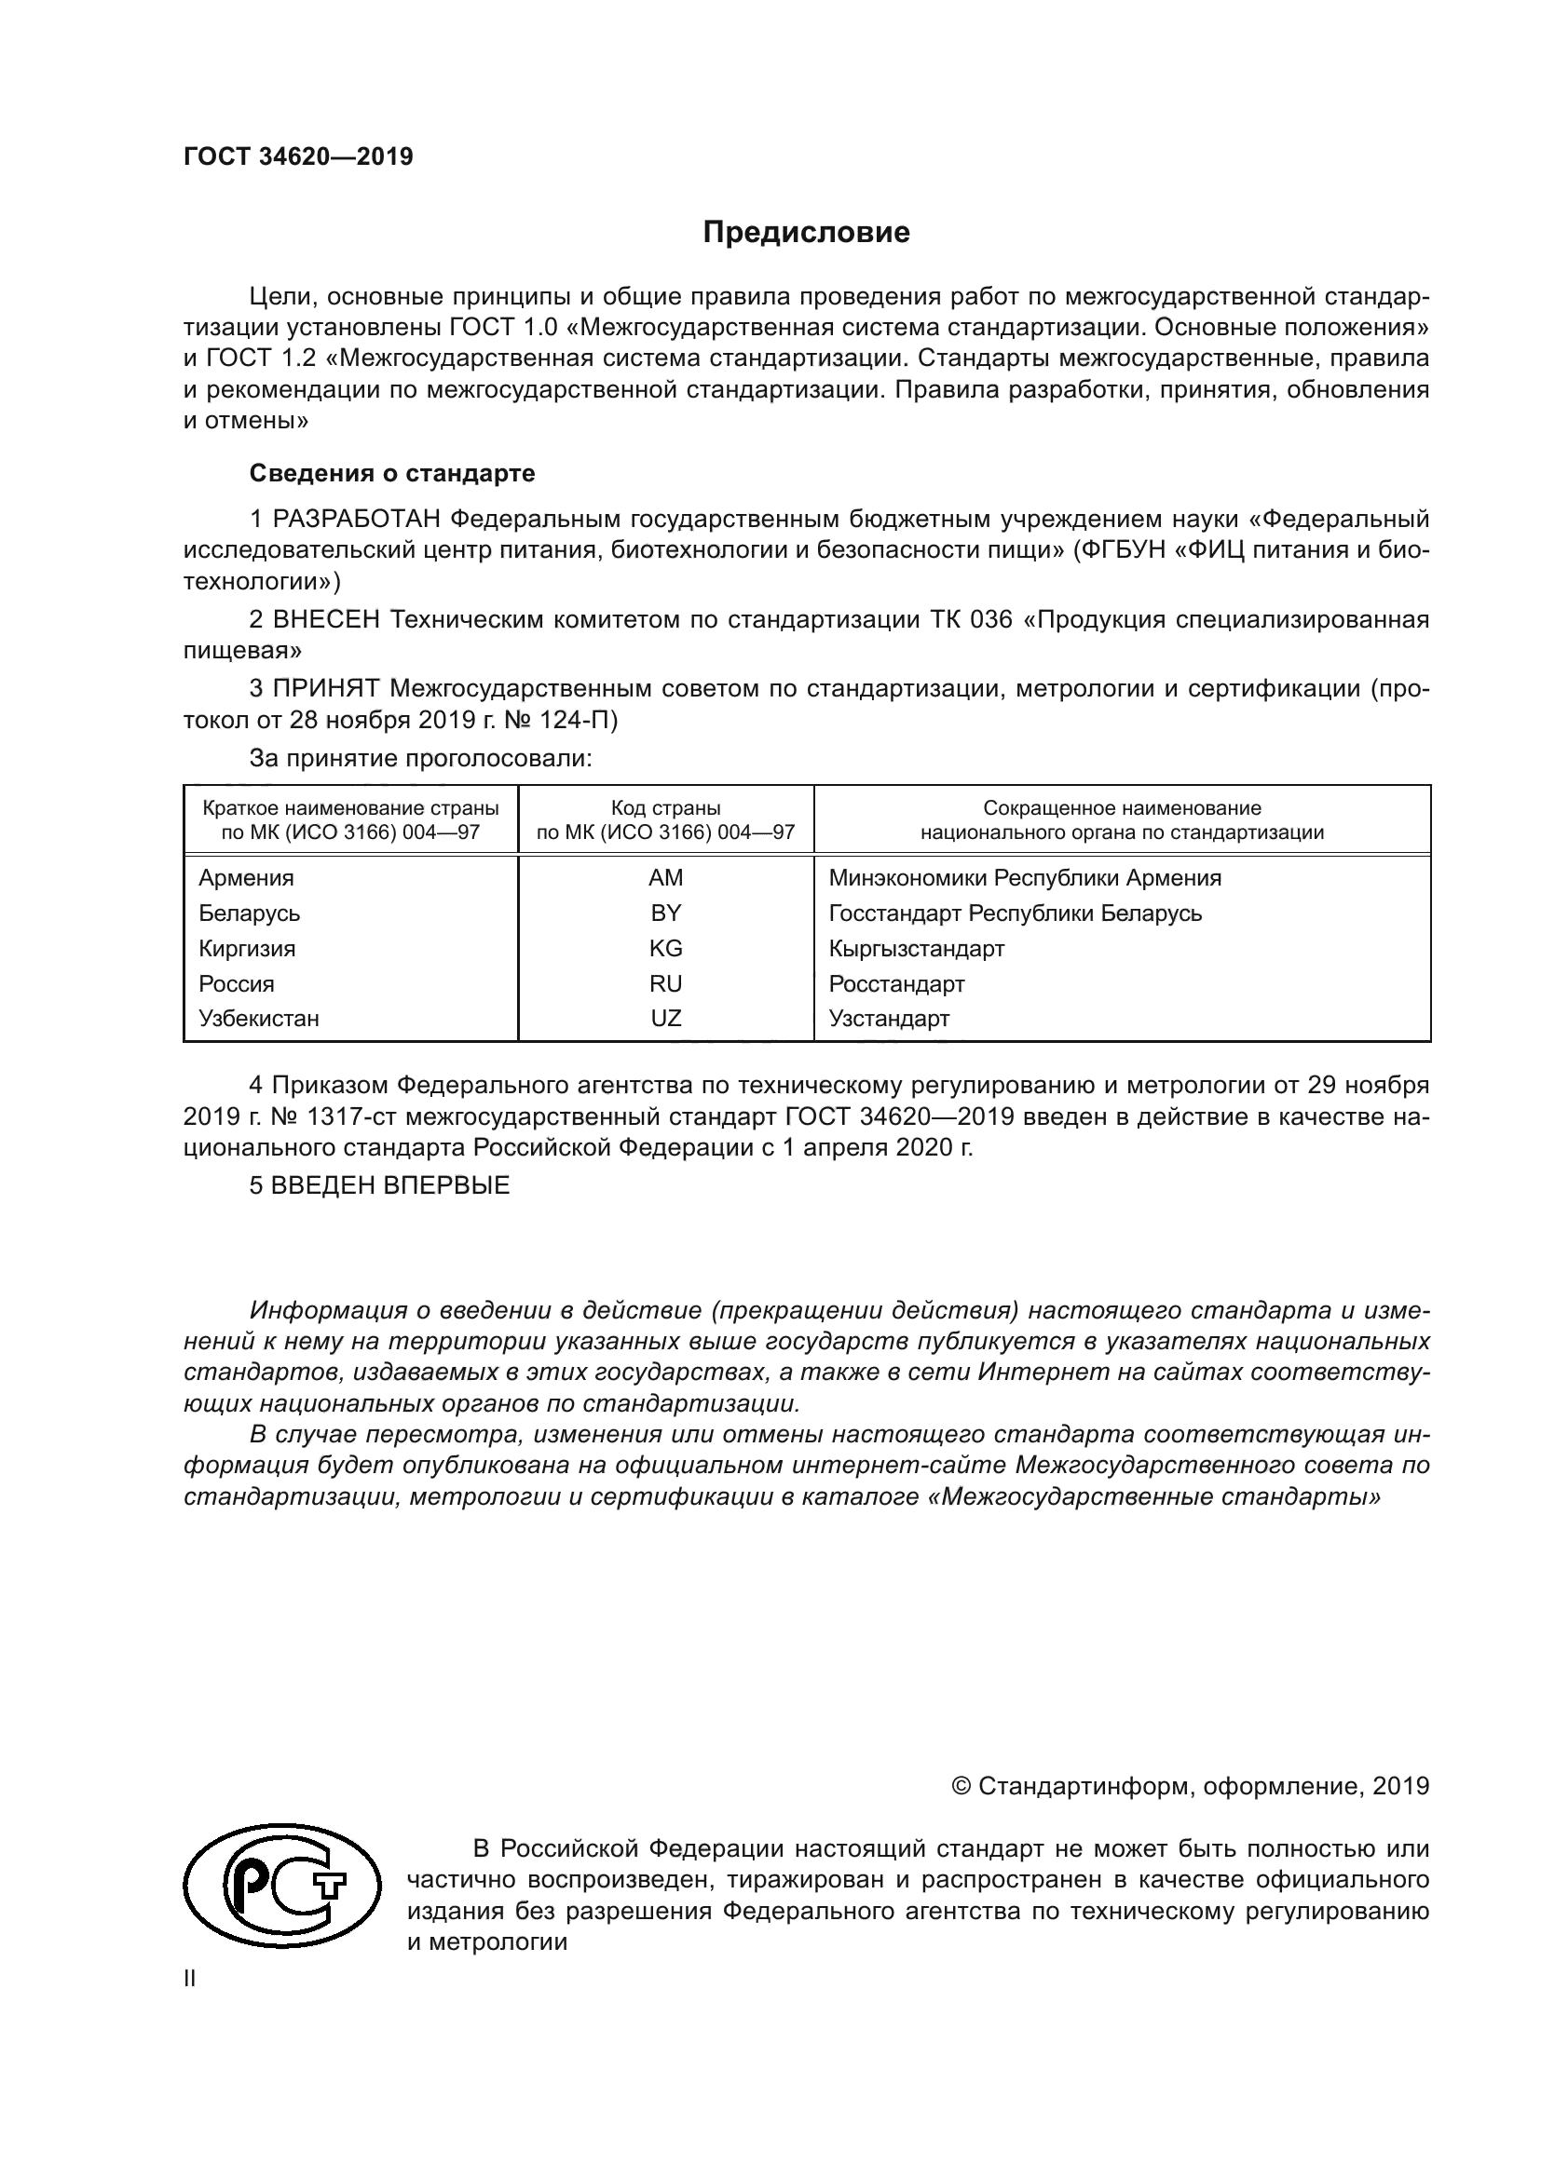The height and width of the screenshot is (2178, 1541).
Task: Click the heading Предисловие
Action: pos(806,233)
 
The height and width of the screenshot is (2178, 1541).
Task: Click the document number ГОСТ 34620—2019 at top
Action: pos(298,157)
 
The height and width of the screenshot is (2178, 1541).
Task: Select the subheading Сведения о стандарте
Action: pos(392,472)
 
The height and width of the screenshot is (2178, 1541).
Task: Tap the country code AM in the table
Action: pos(665,877)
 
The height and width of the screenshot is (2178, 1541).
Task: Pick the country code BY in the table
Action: pos(665,913)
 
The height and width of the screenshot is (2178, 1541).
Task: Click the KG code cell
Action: pos(665,948)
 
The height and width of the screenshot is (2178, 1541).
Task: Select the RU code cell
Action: pos(665,983)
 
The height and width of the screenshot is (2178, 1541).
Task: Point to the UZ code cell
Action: pos(665,1018)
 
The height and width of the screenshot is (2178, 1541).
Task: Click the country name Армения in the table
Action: pos(246,877)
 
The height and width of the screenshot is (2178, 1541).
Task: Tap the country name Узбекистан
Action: pos(258,1018)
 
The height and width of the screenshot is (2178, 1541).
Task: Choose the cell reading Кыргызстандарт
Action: pos(916,948)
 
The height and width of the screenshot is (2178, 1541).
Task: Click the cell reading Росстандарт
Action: pos(895,983)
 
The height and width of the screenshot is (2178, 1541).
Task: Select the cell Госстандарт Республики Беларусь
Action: pos(1015,913)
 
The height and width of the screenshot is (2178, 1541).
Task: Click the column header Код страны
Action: pos(665,808)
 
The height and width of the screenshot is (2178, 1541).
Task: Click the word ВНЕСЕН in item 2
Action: pos(326,619)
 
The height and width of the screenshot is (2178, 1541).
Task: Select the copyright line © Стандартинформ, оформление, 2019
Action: pos(1190,1786)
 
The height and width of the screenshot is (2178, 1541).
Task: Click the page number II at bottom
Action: pos(190,1979)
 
